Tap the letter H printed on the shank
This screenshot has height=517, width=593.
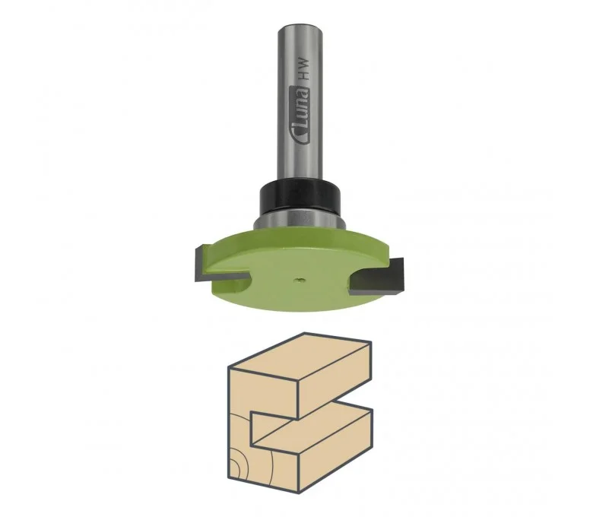pyautogui.click(x=303, y=76)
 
